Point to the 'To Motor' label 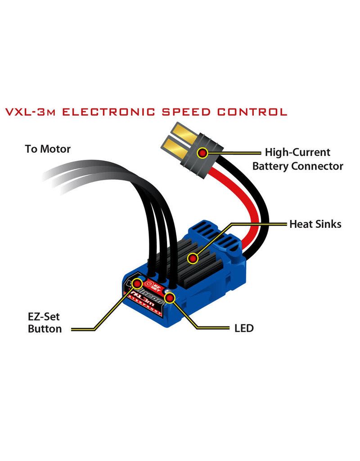[48, 149]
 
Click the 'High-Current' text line [297, 153]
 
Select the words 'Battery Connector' [297, 166]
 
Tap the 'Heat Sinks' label [315, 223]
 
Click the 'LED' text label [243, 328]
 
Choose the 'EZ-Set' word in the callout [44, 316]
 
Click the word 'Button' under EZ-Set [45, 329]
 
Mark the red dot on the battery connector [203, 153]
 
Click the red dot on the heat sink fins [193, 258]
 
